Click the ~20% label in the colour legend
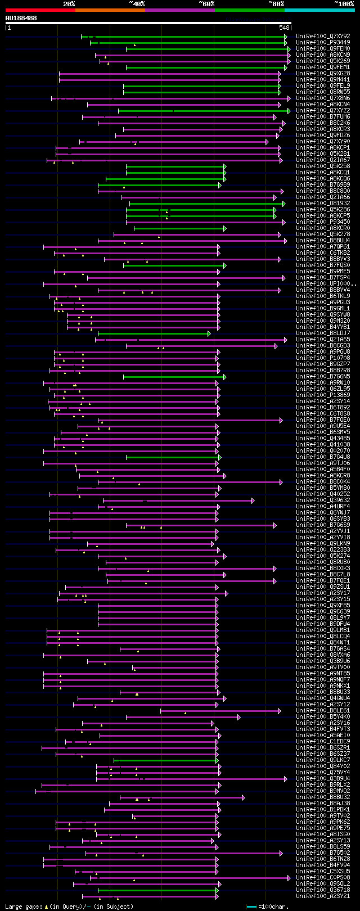coord(69,4)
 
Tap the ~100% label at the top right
coord(344,4)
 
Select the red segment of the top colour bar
coord(40,10)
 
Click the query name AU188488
coord(21,19)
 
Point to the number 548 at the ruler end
coord(284,28)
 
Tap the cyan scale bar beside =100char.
coord(251,907)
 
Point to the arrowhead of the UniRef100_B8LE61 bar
coord(279,711)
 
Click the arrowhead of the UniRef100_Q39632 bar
coord(253,500)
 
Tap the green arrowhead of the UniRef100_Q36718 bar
coord(217,890)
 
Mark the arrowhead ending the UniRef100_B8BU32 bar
coord(243,797)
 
